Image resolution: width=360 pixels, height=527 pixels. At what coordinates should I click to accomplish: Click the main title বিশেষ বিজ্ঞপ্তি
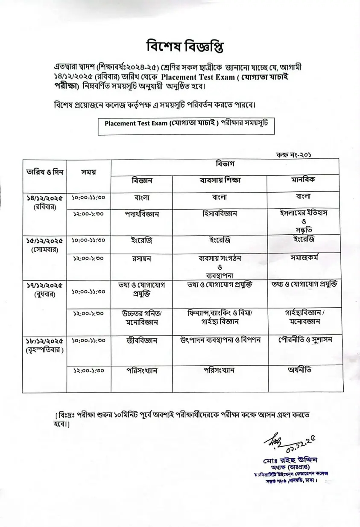coord(179,46)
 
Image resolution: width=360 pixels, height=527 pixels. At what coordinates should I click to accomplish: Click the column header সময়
coord(88,172)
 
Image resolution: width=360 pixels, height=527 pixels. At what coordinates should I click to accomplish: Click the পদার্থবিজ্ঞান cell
coord(142,214)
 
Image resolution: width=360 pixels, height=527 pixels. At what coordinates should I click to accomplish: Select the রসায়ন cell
coord(142,258)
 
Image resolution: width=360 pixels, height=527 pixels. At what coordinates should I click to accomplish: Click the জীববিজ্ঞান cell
coord(142,341)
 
